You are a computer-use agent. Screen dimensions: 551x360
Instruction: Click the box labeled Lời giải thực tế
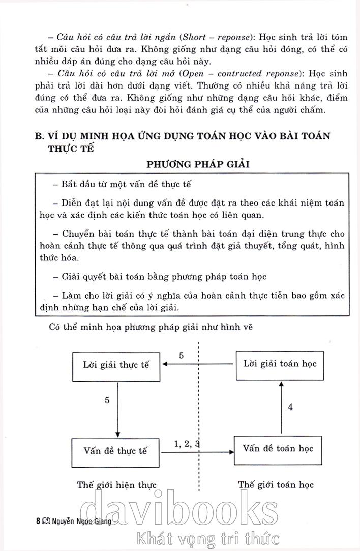117,365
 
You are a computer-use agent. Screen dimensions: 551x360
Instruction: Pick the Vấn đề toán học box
278,449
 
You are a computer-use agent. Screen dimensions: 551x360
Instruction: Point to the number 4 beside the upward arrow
290,407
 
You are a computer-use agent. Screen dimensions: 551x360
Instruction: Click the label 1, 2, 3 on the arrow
187,443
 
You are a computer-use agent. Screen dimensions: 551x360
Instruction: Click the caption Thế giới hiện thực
116,484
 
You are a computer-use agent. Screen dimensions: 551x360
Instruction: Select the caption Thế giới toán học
276,484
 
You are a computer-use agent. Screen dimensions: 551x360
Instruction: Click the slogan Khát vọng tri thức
204,538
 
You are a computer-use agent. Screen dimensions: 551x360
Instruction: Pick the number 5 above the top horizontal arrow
181,355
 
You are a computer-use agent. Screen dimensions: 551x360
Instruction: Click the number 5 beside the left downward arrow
107,400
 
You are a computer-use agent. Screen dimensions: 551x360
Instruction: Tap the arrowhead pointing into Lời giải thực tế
165,364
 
